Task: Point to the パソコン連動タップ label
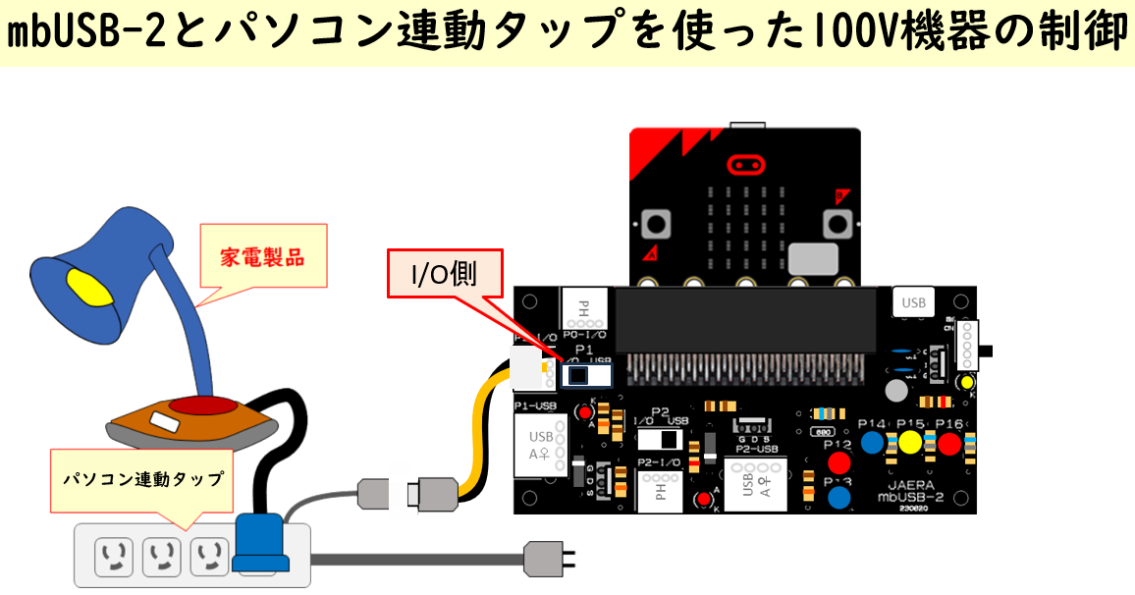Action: tap(143, 480)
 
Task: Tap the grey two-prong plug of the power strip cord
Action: tap(543, 561)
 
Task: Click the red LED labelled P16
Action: tap(948, 443)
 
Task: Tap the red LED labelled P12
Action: tap(838, 462)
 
